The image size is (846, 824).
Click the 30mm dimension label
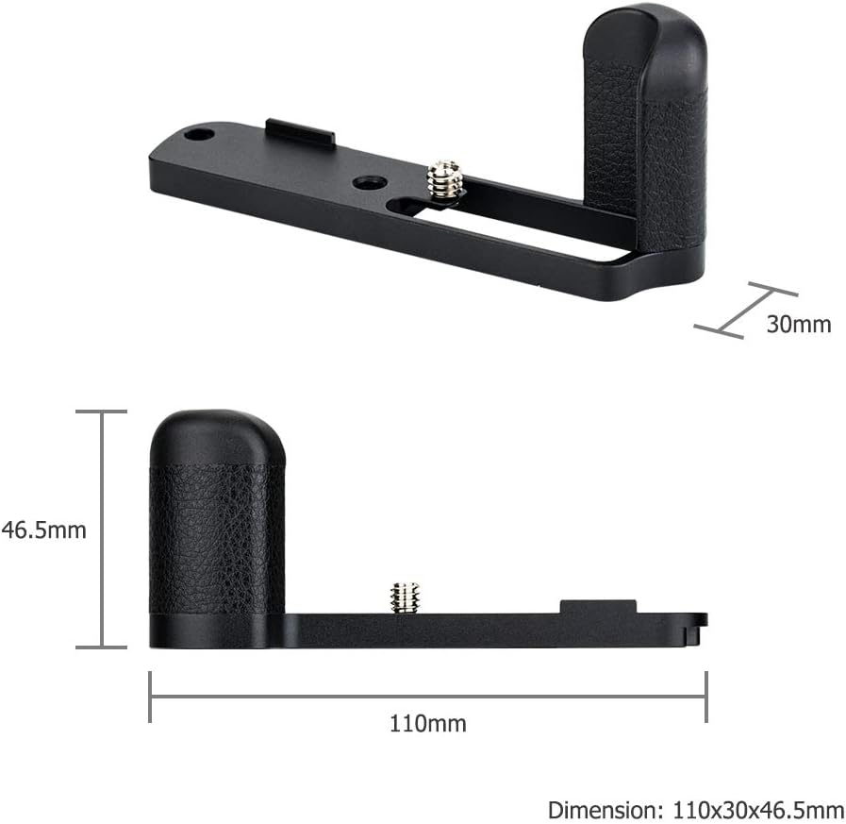pyautogui.click(x=798, y=325)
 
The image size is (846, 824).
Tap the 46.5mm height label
pyautogui.click(x=43, y=530)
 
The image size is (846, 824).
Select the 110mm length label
pyautogui.click(x=427, y=724)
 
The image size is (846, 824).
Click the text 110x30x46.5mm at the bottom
pyautogui.click(x=758, y=809)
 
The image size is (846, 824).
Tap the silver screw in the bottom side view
pyautogui.click(x=405, y=597)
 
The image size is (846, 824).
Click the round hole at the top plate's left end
pyautogui.click(x=198, y=135)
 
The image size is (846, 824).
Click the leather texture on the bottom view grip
pyautogui.click(x=217, y=538)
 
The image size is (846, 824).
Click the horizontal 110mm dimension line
pyautogui.click(x=427, y=697)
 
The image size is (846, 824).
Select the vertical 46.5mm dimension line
pyautogui.click(x=101, y=529)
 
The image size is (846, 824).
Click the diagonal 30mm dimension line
pyautogui.click(x=745, y=309)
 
